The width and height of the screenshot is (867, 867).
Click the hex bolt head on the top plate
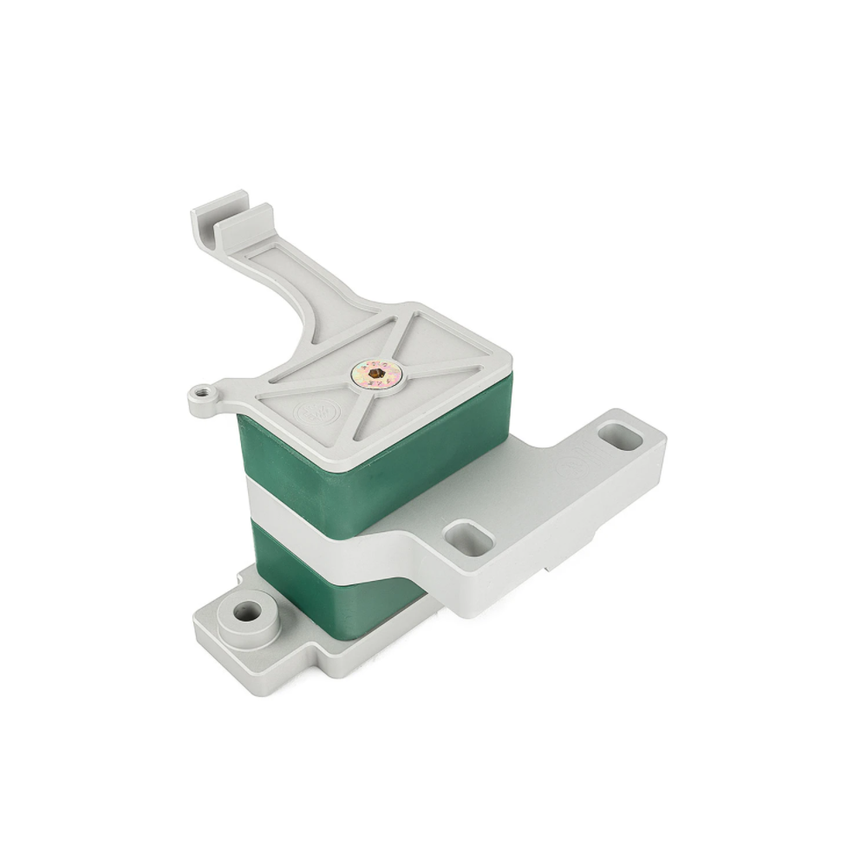[x=376, y=374]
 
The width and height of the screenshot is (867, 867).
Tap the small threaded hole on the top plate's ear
[x=200, y=393]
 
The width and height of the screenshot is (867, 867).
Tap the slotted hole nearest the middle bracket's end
[x=619, y=436]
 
